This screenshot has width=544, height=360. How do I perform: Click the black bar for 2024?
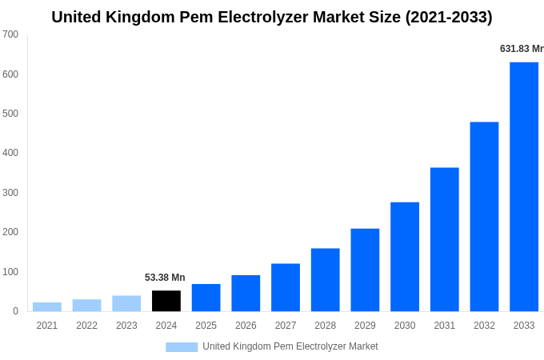point(166,301)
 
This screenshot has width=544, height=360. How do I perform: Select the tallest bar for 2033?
point(524,186)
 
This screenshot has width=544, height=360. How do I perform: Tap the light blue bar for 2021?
point(47,306)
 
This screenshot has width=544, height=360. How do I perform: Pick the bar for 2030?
point(405,257)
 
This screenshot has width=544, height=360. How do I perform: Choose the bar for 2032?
point(484,217)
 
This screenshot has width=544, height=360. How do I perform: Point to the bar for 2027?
point(286,287)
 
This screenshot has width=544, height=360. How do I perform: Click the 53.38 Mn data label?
point(165,278)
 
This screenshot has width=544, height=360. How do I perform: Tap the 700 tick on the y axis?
point(10,34)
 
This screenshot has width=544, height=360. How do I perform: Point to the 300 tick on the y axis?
point(10,193)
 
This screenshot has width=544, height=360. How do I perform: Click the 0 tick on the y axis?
point(15,311)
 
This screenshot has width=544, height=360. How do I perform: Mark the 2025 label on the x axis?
point(206,326)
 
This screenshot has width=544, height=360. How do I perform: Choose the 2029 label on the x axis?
point(365,326)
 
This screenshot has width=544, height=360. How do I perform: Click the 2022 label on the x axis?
point(86,326)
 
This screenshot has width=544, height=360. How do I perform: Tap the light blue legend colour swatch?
point(182,347)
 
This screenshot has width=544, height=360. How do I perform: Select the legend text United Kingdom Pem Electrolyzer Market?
point(290,346)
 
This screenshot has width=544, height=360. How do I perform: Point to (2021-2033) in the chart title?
point(446,17)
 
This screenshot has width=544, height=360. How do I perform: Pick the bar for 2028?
point(326,280)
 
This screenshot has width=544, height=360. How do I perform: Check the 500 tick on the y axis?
point(10,114)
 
